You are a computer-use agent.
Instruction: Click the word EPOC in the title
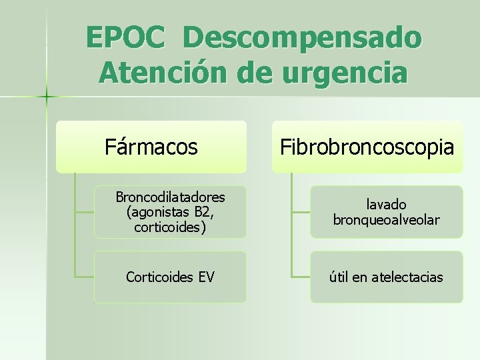tap(125, 38)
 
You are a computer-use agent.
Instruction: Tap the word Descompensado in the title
tap(301, 38)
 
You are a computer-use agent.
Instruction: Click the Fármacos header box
tap(151, 147)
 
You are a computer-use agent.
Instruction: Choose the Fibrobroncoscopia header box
tap(367, 147)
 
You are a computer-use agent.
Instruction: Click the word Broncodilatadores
tap(170, 197)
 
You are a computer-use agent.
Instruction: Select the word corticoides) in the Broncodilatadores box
tap(170, 227)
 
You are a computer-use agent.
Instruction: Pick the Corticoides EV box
tap(170, 277)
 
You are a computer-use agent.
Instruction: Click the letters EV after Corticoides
tap(206, 277)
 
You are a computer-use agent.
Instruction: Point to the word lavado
tap(386, 205)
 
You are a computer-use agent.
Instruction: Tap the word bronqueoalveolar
tap(386, 219)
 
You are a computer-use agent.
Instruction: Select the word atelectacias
tap(409, 277)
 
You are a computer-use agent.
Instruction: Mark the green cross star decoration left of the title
tap(47, 97)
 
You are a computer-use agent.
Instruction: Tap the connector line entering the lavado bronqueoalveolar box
tap(301, 212)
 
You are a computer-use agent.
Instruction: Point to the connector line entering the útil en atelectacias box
tap(301, 276)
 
